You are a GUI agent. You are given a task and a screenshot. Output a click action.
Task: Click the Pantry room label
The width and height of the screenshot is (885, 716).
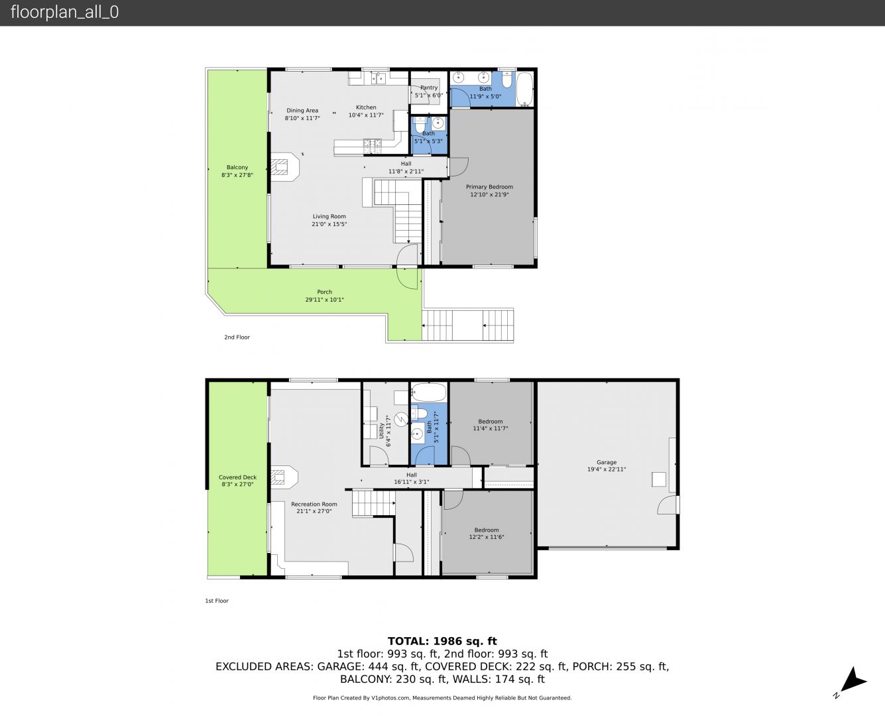click(429, 88)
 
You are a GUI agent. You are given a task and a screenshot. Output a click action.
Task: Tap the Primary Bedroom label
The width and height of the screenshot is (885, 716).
click(489, 187)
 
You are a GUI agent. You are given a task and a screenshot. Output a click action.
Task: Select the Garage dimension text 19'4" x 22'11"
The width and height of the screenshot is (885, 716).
click(607, 469)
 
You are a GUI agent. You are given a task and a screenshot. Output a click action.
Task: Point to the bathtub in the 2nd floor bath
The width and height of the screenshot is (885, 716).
click(524, 89)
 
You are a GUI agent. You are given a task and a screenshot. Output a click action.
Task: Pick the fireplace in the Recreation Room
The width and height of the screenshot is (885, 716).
click(284, 477)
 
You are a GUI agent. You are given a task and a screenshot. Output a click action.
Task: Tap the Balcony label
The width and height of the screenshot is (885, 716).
click(237, 167)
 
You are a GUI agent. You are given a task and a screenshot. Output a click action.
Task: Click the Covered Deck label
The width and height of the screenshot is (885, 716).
click(238, 477)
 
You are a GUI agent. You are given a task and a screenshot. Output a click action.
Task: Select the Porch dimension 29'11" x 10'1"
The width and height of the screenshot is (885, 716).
click(325, 300)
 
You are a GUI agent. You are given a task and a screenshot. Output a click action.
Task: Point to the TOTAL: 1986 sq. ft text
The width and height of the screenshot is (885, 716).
click(442, 641)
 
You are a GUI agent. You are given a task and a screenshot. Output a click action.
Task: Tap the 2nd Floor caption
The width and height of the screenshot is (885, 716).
click(237, 337)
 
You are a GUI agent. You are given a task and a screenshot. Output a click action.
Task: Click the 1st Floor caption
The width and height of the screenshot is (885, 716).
click(217, 601)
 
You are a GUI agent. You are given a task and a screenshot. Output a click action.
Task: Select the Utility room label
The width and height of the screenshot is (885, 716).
click(381, 431)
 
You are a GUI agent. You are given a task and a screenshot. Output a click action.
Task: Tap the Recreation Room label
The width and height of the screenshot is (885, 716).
click(314, 504)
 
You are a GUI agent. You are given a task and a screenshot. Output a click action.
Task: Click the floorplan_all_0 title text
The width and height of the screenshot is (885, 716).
click(65, 12)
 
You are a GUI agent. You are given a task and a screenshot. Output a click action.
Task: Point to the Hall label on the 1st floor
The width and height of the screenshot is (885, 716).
click(411, 475)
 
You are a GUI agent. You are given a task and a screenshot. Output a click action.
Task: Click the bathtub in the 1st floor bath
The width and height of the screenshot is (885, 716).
click(428, 392)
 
